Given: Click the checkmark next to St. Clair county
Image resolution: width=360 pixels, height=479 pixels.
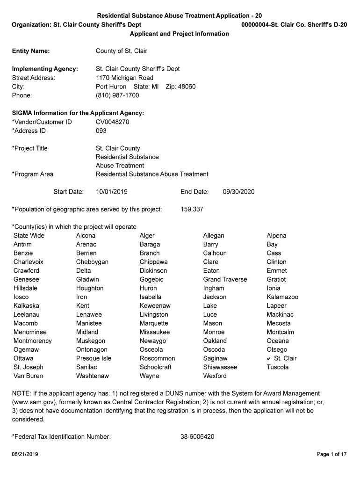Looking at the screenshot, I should coord(269,358).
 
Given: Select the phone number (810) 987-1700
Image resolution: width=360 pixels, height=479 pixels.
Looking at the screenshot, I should coord(117,95).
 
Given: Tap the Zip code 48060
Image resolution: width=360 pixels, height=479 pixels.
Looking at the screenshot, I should coord(187,87).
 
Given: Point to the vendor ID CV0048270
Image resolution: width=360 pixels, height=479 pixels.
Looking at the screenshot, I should coord(113,122).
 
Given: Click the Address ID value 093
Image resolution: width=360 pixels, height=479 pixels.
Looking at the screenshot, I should coord(101,131).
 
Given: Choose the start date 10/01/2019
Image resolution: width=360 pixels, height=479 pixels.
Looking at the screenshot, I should coord(112,192).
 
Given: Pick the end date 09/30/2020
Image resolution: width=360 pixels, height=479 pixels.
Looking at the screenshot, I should coord(239,192).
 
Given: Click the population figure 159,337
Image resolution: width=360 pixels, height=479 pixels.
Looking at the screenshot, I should coord(192,209).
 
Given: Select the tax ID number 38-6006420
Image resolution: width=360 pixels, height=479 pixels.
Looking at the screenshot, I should coord(197,437).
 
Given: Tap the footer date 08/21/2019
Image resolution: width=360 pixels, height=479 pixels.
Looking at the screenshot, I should coord(25,454).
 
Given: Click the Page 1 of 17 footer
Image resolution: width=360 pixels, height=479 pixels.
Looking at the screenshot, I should coord(331,454).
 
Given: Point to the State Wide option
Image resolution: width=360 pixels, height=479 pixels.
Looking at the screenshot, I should coord(29,235).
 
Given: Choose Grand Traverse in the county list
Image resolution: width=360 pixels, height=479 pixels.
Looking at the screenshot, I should coord(225,279).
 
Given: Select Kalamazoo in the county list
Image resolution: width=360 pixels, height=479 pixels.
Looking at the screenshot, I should coord(282,297).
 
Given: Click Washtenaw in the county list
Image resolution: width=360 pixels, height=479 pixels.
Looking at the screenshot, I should coord(93,376).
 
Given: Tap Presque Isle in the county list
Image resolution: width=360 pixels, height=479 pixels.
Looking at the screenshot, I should coord(94,358).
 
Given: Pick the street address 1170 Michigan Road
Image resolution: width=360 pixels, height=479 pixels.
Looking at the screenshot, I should coord(124,78).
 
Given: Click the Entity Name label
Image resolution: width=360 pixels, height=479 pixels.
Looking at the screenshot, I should coord(31,51).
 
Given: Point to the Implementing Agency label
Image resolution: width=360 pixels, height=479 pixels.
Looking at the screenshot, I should coord(45,69).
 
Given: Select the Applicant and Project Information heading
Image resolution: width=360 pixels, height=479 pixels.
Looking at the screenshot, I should coord(180,34).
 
